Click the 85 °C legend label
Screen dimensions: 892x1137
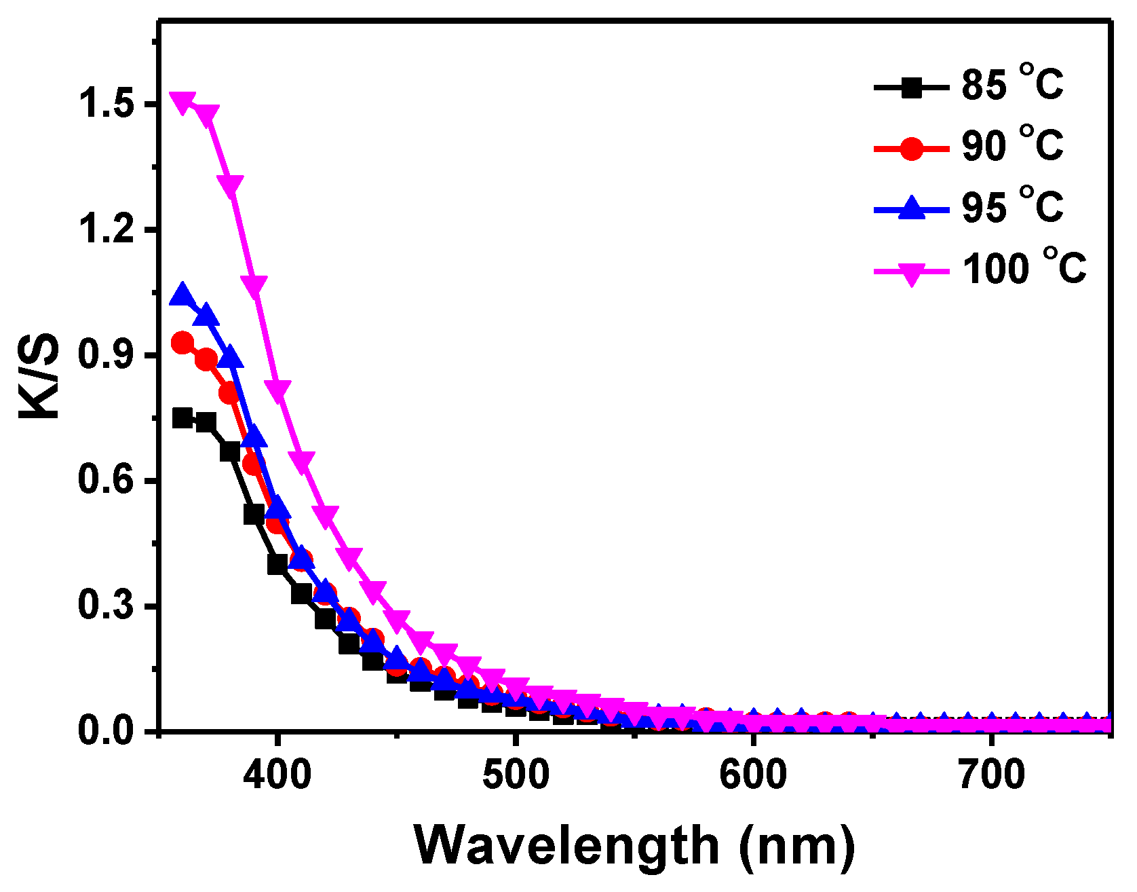tap(1011, 84)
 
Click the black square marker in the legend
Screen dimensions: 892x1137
tap(912, 88)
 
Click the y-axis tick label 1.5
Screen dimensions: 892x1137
tap(104, 105)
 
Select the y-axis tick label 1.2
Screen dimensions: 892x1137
tap(104, 229)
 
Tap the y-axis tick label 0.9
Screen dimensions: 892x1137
tap(104, 355)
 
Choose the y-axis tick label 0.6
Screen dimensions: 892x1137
tap(104, 480)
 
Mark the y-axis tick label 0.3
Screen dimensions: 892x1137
tap(104, 606)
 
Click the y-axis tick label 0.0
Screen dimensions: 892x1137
tap(104, 731)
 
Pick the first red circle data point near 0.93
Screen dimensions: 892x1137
tap(182, 343)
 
